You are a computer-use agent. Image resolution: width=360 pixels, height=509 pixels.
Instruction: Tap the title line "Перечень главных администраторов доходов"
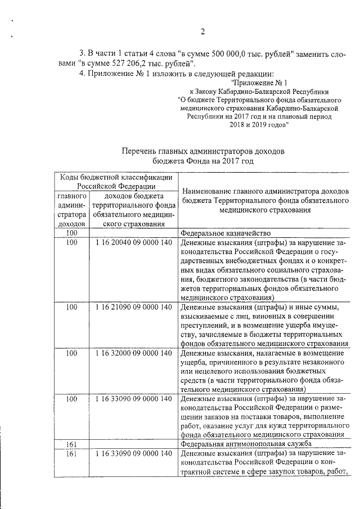(204, 151)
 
